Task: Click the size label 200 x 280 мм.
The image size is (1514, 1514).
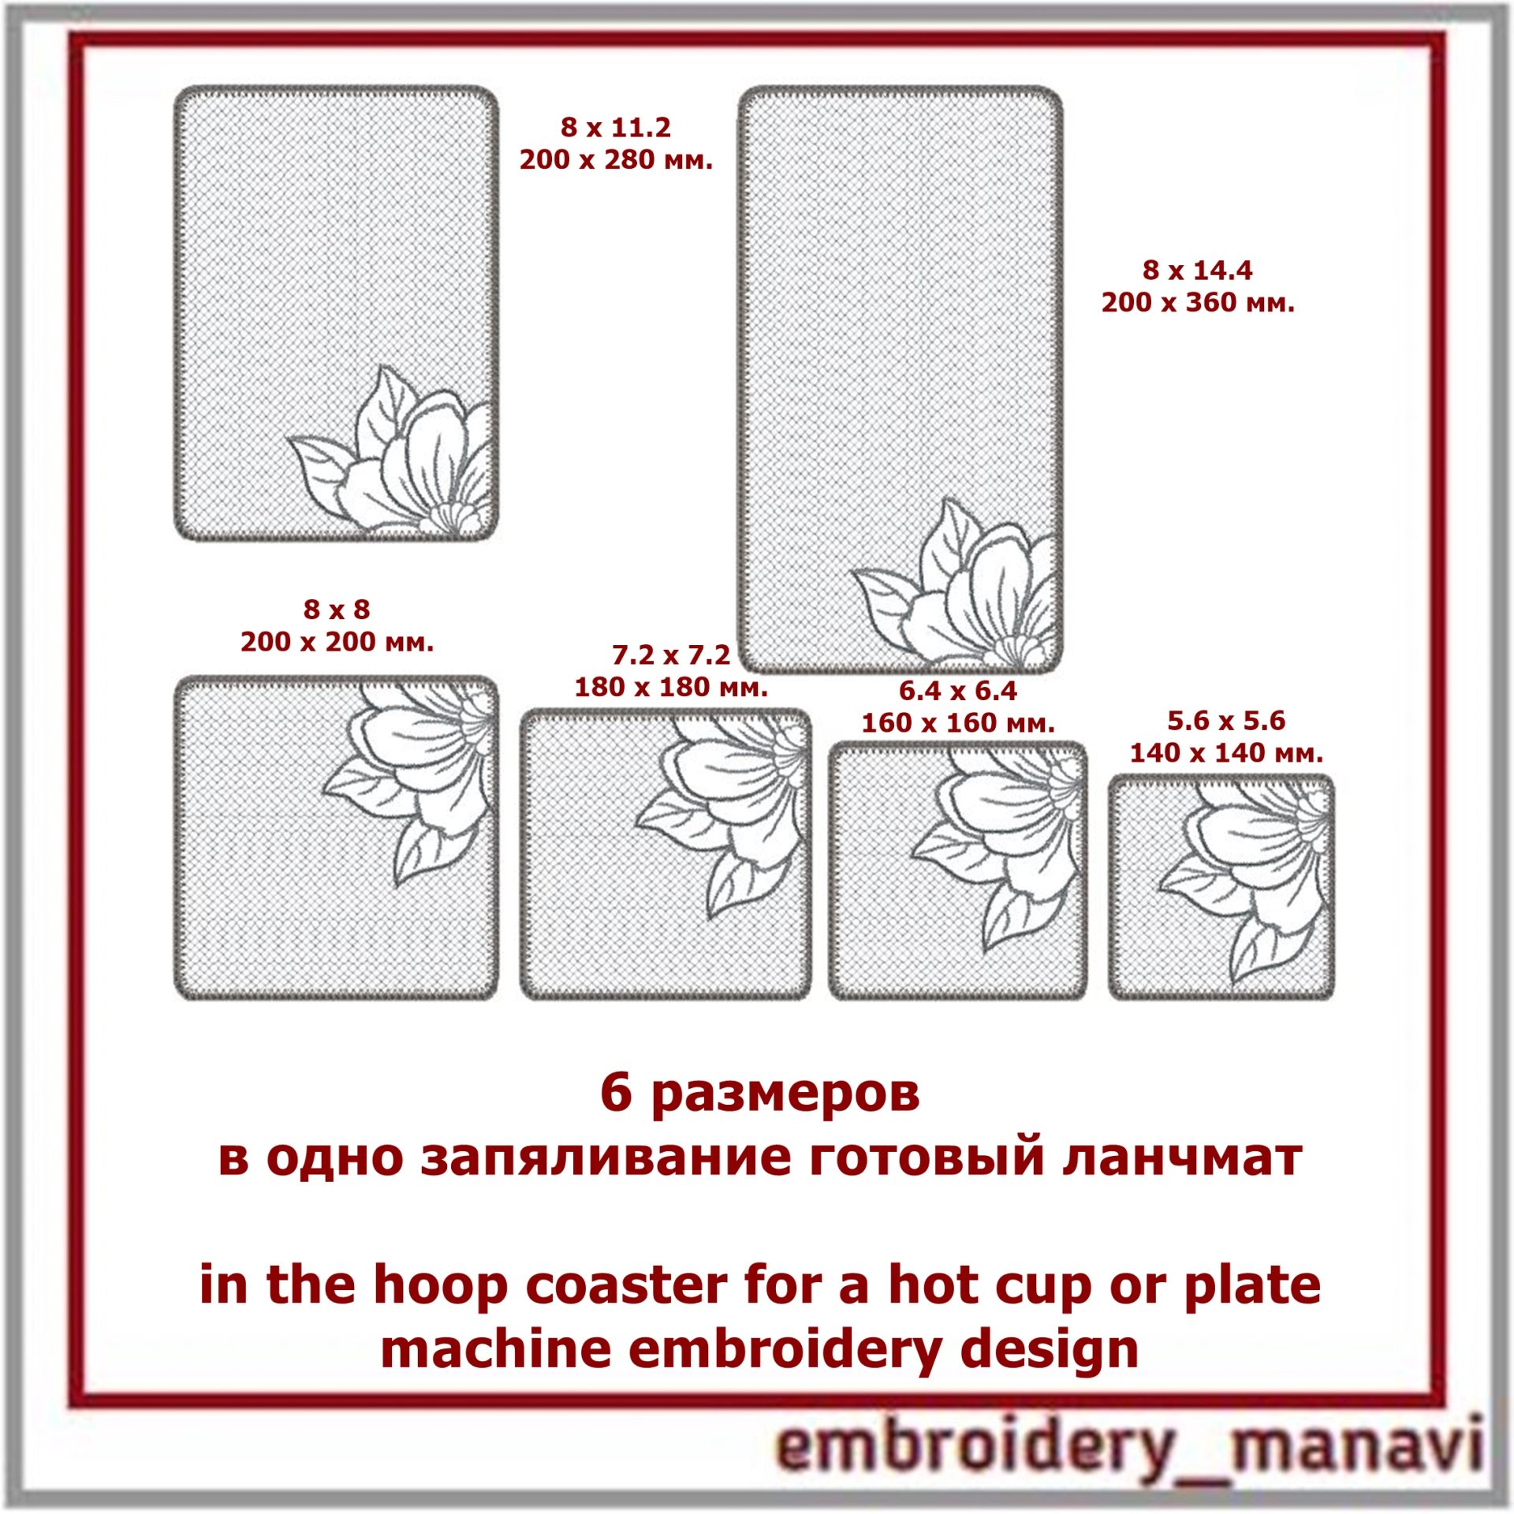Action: tap(616, 160)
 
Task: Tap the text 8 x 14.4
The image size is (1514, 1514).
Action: tap(1197, 270)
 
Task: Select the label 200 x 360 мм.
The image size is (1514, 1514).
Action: tap(1198, 303)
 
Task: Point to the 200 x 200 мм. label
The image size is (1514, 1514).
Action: tap(337, 642)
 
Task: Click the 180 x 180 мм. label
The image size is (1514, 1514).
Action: tap(670, 687)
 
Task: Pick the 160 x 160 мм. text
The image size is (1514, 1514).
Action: tap(957, 722)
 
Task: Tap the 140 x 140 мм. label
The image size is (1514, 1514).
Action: tap(1226, 752)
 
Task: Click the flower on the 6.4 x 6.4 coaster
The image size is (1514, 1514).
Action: tap(998, 848)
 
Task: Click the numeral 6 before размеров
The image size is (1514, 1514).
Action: tap(616, 1093)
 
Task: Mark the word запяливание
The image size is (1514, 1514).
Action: tap(606, 1158)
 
